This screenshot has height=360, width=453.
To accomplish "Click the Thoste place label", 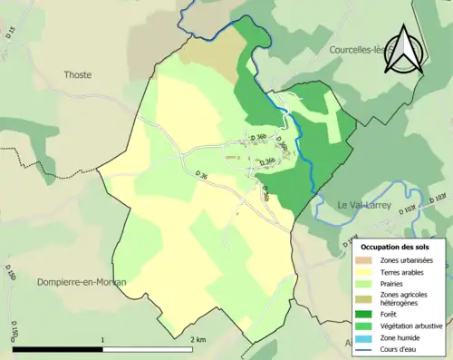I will (77, 74).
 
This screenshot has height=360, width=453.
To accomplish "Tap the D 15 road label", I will (11, 34).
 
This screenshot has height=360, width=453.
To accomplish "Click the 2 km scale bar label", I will (198, 339).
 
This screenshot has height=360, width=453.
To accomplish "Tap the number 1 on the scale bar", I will (103, 339).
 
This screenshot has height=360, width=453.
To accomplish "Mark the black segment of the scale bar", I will (57, 348).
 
